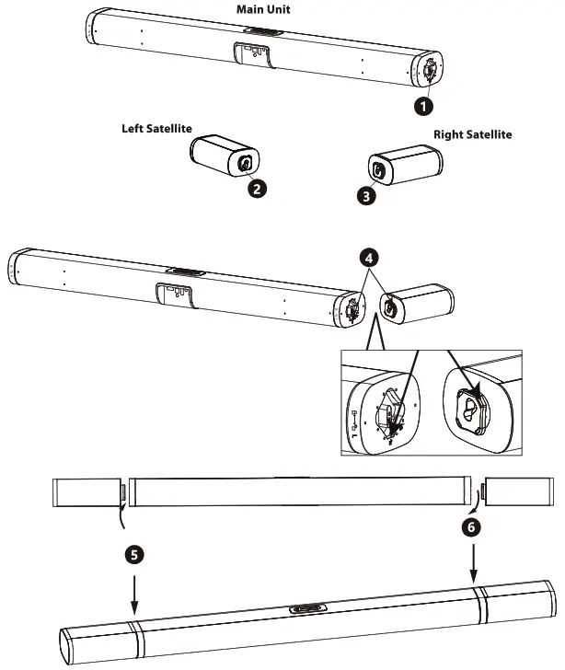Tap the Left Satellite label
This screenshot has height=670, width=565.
pos(158,129)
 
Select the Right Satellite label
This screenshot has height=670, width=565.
pos(472,134)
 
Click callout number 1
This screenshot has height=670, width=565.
pos(422,106)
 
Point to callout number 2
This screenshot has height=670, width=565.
pos(259,190)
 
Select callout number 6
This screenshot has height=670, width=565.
pos(473,527)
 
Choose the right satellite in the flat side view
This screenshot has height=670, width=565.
pos(514,491)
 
